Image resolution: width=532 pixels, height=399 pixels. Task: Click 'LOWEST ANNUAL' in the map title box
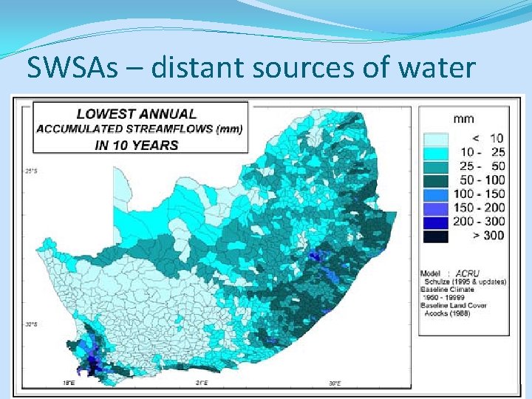point(137,114)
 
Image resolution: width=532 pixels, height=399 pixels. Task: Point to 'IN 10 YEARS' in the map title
point(137,145)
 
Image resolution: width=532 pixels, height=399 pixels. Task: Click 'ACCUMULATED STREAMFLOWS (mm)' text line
point(140,129)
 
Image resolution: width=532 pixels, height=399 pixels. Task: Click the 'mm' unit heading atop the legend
point(464,118)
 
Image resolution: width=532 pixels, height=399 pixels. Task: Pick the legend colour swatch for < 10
point(437,138)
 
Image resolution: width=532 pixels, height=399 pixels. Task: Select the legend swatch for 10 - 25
point(437,152)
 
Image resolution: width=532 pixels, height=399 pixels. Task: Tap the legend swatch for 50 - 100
point(437,180)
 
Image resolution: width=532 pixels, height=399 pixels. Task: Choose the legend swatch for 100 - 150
point(437,194)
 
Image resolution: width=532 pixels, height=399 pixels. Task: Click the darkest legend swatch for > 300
point(437,236)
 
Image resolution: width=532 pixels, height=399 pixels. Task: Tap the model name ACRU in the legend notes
point(468,273)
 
